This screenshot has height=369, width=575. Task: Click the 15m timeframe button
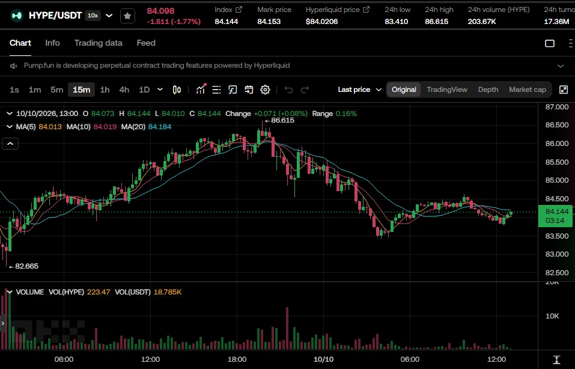(x=81, y=90)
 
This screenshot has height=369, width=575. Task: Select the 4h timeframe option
(x=124, y=90)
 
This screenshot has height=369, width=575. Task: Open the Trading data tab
(x=99, y=43)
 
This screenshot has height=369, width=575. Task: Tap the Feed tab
(x=146, y=43)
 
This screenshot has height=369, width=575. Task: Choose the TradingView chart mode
(x=447, y=90)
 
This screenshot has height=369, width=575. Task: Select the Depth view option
(x=488, y=90)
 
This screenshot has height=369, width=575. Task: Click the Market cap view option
(x=528, y=90)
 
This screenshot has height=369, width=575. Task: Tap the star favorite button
(x=127, y=16)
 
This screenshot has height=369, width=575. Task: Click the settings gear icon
(x=265, y=90)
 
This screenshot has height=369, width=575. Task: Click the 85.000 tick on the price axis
(x=556, y=180)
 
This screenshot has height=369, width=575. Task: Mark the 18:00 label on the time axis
(x=237, y=359)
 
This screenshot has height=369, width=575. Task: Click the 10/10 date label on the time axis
(x=323, y=359)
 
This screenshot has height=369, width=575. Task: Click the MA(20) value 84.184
(x=159, y=127)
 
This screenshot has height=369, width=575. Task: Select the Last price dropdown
(x=360, y=90)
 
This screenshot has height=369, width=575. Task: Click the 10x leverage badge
(x=93, y=16)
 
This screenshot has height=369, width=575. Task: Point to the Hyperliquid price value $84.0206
(x=321, y=22)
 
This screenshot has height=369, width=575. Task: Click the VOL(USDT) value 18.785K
(x=168, y=292)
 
